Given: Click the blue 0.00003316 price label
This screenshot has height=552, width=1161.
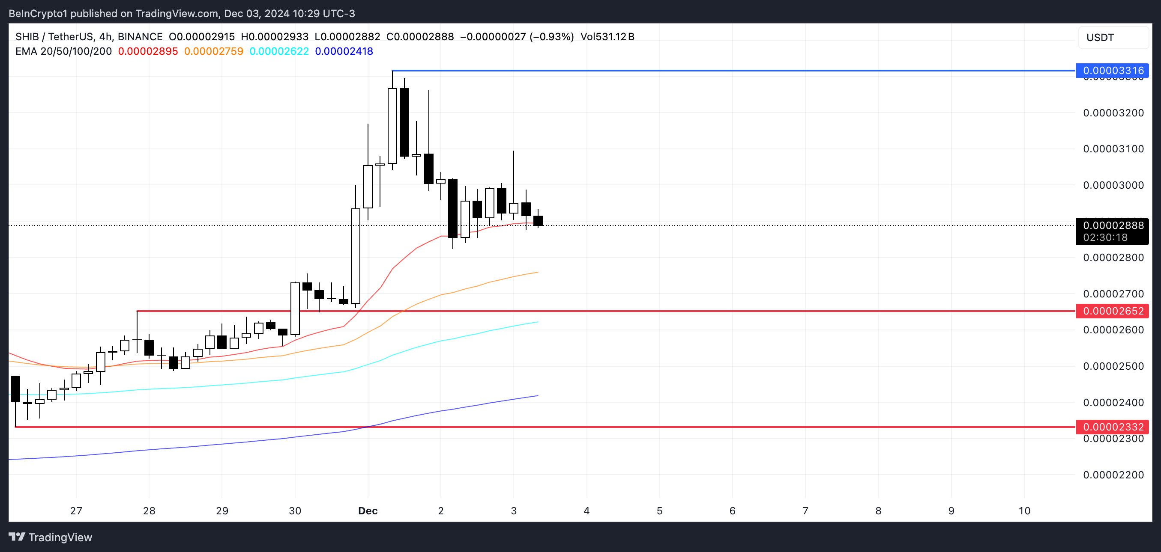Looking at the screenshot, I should (1112, 71).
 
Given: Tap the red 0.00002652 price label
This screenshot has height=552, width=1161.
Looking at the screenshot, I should (1112, 311).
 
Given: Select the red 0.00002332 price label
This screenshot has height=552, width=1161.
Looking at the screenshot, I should (1112, 427).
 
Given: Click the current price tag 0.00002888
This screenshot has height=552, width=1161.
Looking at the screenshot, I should (1112, 226).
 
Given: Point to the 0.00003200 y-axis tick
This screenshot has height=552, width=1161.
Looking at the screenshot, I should (1113, 113).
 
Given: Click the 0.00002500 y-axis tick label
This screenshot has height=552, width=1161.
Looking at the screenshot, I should (1113, 366).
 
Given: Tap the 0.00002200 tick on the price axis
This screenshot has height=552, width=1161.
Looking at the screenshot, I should (1113, 475).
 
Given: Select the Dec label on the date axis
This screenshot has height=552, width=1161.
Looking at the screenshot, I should (368, 511).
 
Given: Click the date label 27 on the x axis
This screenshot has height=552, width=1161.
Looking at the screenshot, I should (76, 511).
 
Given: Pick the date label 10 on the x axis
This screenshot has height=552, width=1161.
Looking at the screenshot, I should (1024, 511).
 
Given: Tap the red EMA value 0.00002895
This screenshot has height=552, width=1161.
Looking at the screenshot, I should (148, 51).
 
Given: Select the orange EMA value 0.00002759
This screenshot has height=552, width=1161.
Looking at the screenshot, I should (214, 51).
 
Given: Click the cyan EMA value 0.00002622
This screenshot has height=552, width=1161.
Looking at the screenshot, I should (279, 51).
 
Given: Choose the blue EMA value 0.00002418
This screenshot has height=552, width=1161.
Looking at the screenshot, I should (344, 51).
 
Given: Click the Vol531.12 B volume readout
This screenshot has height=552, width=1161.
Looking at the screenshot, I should (607, 37).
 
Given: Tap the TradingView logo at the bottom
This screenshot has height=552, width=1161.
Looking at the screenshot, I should (51, 537).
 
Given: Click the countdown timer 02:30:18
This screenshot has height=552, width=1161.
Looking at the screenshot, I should (1105, 238).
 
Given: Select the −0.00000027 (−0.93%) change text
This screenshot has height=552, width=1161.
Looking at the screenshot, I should (517, 37).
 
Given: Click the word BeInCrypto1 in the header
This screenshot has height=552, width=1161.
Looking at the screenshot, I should (38, 14).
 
